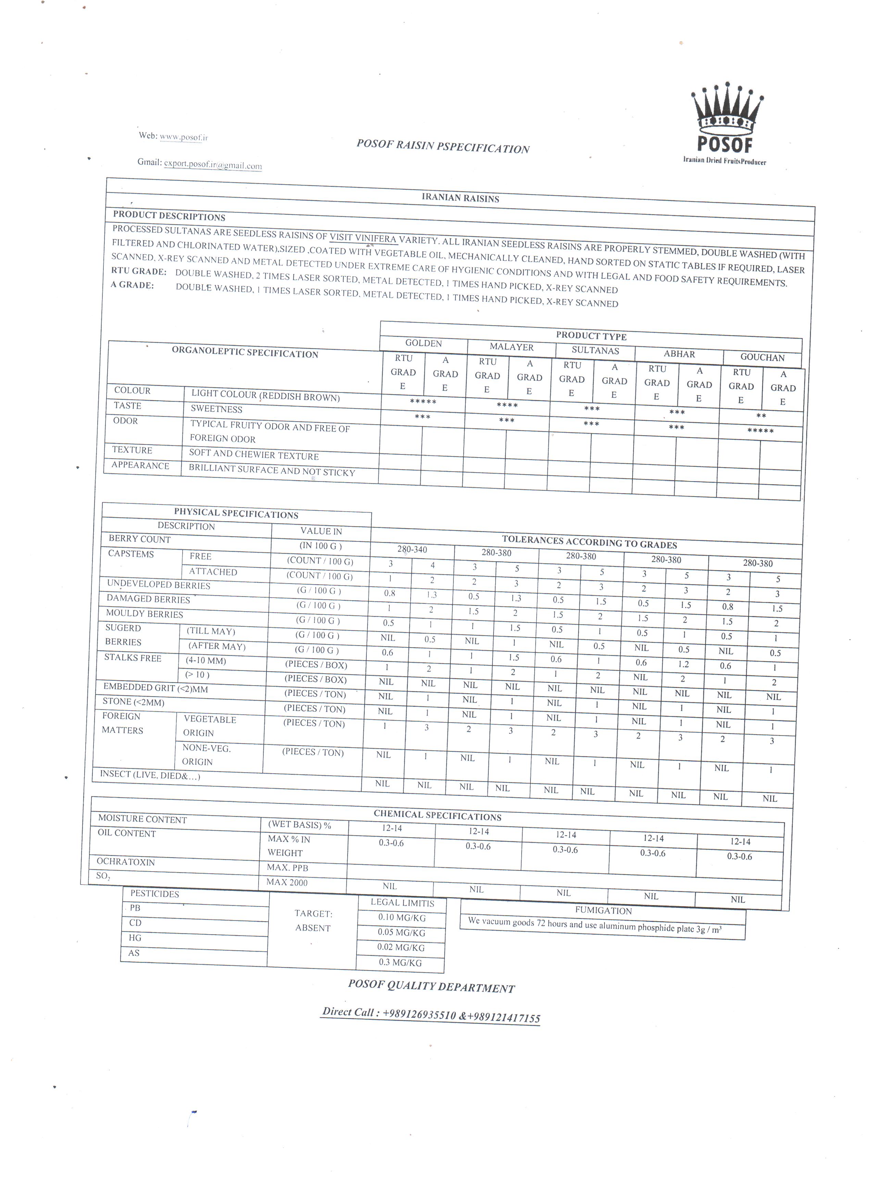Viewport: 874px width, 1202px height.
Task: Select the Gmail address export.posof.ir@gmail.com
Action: point(213,164)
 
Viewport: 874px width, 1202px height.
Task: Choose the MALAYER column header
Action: point(511,347)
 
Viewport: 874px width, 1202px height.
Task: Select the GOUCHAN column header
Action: point(762,357)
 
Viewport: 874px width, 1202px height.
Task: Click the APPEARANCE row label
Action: point(140,465)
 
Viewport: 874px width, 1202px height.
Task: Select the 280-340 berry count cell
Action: point(412,549)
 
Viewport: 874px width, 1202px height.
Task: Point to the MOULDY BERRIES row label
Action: point(144,614)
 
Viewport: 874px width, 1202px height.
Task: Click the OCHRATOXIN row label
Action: point(126,862)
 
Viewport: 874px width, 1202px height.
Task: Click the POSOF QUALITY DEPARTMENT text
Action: point(431,986)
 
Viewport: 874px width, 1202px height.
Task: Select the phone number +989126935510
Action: point(419,1014)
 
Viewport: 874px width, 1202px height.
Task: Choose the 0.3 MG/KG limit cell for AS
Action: point(400,962)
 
